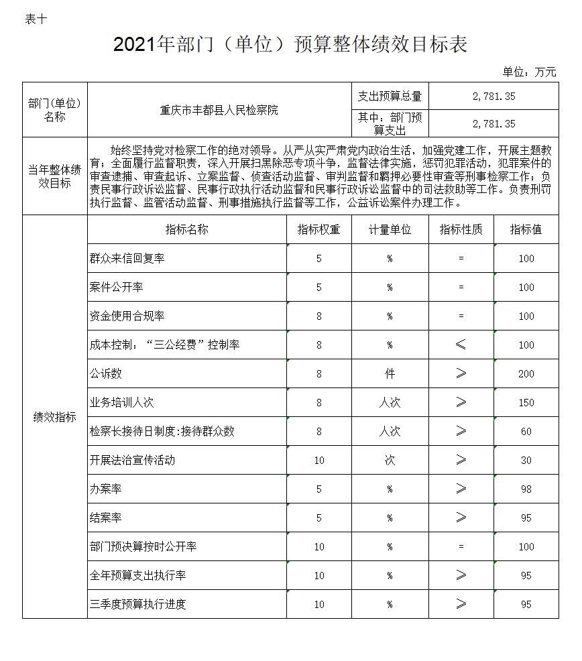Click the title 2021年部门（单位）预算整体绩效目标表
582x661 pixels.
click(x=290, y=45)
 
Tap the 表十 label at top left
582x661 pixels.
click(x=36, y=19)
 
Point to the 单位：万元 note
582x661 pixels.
click(x=529, y=72)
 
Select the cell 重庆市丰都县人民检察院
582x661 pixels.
click(x=219, y=110)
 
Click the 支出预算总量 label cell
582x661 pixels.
click(x=390, y=97)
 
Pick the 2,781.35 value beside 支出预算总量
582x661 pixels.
click(x=493, y=97)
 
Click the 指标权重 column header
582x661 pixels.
click(x=318, y=229)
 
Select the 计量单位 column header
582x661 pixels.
click(x=390, y=229)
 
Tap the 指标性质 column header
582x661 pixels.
click(x=461, y=229)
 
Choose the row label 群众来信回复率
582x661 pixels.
click(x=127, y=258)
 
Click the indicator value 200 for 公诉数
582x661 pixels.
click(x=526, y=374)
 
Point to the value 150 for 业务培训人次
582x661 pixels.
click(x=526, y=403)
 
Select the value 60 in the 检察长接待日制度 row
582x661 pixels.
click(x=526, y=432)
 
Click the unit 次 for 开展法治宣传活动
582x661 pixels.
click(x=390, y=461)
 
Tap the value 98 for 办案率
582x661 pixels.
click(x=526, y=489)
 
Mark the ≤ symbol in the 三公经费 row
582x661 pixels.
click(x=461, y=345)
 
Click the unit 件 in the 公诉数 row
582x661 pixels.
click(x=390, y=374)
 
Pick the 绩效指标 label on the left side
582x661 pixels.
click(x=55, y=417)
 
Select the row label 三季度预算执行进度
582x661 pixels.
click(x=137, y=604)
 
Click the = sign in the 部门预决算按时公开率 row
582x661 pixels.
click(x=461, y=547)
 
